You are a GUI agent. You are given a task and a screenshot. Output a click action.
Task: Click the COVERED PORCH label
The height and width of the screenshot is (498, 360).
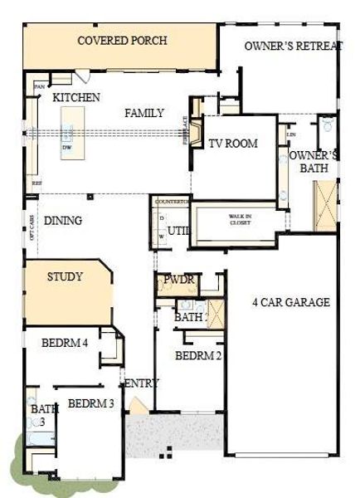click(x=122, y=41)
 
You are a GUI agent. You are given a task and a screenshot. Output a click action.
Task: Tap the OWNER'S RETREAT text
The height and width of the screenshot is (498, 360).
click(x=292, y=46)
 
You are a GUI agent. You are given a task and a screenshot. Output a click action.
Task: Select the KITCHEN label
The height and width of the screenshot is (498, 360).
click(x=76, y=98)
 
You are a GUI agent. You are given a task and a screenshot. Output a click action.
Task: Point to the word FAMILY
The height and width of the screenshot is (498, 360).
click(x=144, y=114)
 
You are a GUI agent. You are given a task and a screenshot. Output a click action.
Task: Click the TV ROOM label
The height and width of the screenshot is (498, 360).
click(x=232, y=144)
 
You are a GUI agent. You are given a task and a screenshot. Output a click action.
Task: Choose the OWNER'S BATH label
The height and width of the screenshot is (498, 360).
click(x=314, y=161)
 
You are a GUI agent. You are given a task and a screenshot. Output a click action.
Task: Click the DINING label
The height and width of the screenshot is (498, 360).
click(x=63, y=221)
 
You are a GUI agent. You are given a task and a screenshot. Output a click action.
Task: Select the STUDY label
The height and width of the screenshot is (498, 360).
click(x=65, y=276)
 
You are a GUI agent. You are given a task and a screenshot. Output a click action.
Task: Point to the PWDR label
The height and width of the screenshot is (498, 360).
click(x=178, y=280)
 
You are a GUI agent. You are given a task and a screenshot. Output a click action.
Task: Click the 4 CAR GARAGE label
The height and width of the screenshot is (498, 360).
click(x=290, y=303)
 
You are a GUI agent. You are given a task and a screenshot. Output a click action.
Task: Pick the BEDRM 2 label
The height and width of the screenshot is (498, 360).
click(x=198, y=356)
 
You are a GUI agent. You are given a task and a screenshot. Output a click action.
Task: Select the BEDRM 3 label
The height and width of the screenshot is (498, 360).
click(x=90, y=404)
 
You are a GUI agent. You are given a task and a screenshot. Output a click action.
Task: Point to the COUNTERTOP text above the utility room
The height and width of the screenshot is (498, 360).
click(x=172, y=202)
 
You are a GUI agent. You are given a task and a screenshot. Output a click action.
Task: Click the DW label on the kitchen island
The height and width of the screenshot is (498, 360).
click(x=67, y=148)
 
